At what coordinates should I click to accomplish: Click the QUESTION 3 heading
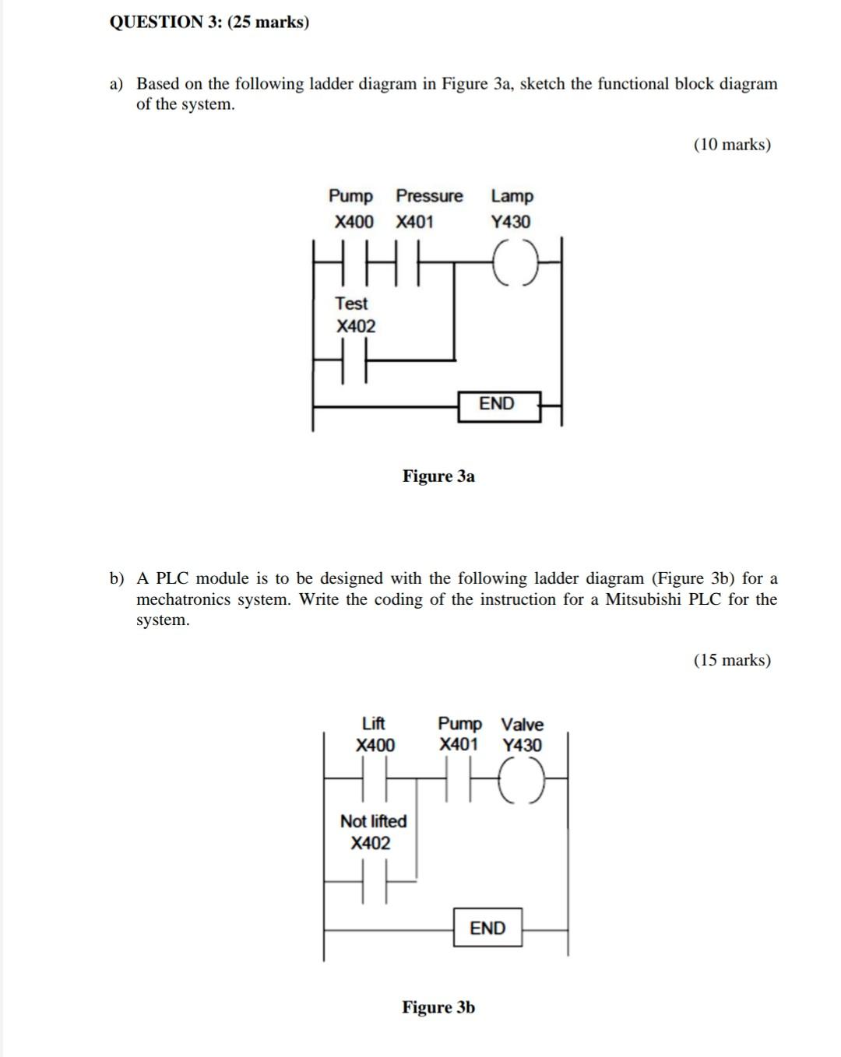coord(209,22)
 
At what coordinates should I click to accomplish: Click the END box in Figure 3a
coord(498,405)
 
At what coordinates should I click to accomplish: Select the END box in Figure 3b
coord(487,929)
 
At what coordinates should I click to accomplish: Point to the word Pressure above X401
coord(429,196)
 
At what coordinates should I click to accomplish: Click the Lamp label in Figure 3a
coord(512,196)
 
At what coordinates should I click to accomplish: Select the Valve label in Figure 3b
coord(522,724)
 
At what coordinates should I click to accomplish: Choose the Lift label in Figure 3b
coord(374,723)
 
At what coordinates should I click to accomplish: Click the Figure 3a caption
coord(438,476)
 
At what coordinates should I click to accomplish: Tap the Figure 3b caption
coord(438,1007)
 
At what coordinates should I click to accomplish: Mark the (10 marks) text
coord(732,145)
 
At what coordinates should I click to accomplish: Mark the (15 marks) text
coord(732,660)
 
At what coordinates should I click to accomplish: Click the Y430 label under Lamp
coord(511,222)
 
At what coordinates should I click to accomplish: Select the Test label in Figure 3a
coord(351,304)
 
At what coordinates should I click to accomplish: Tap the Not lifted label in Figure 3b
coord(374,821)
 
